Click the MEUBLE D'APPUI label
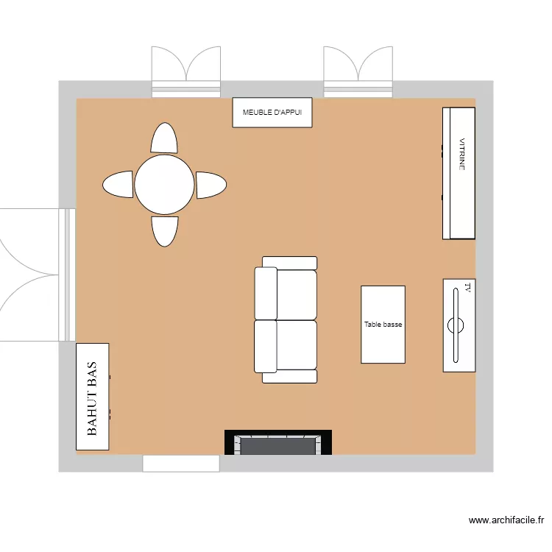coord(272,113)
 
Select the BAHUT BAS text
coord(93,399)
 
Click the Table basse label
coord(383,325)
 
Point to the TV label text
coord(467,287)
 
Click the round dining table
coord(164,185)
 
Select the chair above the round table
coord(164,138)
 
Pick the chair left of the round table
coord(118,184)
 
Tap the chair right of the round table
coord(210,185)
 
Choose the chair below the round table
coord(165,230)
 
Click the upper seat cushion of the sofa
coord(296,294)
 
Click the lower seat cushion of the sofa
coord(296,345)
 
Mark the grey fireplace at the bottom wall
coord(278,445)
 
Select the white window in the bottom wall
coord(181,463)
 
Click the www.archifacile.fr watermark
coord(506,520)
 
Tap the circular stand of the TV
coord(456,324)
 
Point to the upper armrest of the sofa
coord(289,263)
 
